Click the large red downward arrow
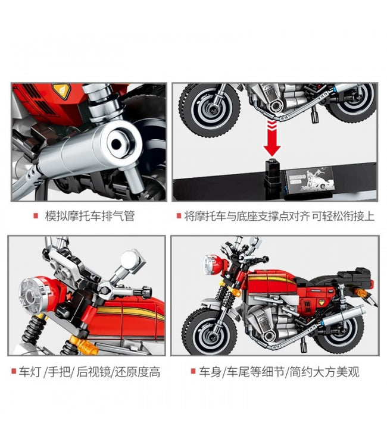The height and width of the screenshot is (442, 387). (272, 139)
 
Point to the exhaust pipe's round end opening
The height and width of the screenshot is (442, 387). (117, 145)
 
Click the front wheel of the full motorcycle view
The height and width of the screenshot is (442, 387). (210, 332)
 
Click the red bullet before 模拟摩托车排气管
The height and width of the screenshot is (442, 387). (36, 216)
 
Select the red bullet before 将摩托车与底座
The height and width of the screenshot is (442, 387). (179, 216)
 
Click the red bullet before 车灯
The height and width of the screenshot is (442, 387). (14, 371)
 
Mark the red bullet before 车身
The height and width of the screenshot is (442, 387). (193, 371)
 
